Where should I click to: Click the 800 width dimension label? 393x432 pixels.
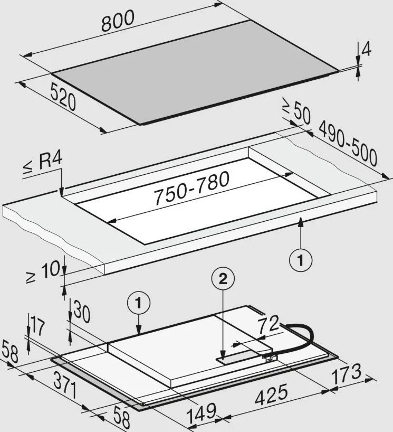click(x=118, y=21)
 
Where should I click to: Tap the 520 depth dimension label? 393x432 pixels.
click(x=63, y=98)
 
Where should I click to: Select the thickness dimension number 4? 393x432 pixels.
click(x=366, y=50)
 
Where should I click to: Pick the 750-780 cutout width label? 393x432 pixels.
click(x=191, y=188)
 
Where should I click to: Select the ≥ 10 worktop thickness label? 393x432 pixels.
click(x=43, y=271)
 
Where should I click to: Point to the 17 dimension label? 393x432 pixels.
click(x=38, y=326)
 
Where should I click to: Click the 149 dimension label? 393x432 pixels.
click(x=202, y=413)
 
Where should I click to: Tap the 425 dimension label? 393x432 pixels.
click(x=272, y=396)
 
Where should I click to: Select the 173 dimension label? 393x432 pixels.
click(x=346, y=374)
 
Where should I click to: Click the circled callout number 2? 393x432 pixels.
click(x=223, y=279)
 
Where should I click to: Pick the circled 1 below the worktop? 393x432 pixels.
click(x=301, y=260)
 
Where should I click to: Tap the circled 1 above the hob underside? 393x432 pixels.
click(x=138, y=303)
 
